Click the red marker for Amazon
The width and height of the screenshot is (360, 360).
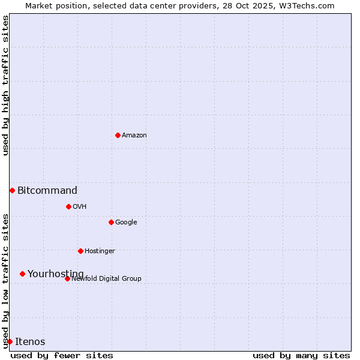pyautogui.click(x=118, y=135)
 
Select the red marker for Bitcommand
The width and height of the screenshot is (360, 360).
pyautogui.click(x=12, y=190)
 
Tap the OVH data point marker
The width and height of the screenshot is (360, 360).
pyautogui.click(x=68, y=206)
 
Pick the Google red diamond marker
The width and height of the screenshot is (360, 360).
pyautogui.click(x=111, y=222)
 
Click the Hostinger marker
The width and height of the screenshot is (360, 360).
pyautogui.click(x=80, y=251)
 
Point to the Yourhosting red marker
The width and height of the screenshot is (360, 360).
pyautogui.click(x=22, y=274)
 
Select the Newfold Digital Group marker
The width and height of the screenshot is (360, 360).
pyautogui.click(x=67, y=278)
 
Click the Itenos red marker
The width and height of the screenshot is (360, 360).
pyautogui.click(x=10, y=341)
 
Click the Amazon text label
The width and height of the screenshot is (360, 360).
pyautogui.click(x=134, y=136)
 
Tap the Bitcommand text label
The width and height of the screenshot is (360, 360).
pyautogui.click(x=47, y=191)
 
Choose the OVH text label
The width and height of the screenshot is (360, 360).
pyautogui.click(x=80, y=207)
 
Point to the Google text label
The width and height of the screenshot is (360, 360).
pyautogui.click(x=126, y=223)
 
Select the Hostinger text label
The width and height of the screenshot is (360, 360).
pyautogui.click(x=100, y=251)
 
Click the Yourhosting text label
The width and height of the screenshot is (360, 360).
pyautogui.click(x=56, y=274)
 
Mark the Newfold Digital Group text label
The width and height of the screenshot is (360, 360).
pyautogui.click(x=106, y=279)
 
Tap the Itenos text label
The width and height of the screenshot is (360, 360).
pyautogui.click(x=30, y=342)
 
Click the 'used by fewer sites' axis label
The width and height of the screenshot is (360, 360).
pyautogui.click(x=62, y=355)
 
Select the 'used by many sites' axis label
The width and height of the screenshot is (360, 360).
pyautogui.click(x=301, y=355)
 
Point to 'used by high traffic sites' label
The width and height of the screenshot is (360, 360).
pyautogui.click(x=5, y=85)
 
